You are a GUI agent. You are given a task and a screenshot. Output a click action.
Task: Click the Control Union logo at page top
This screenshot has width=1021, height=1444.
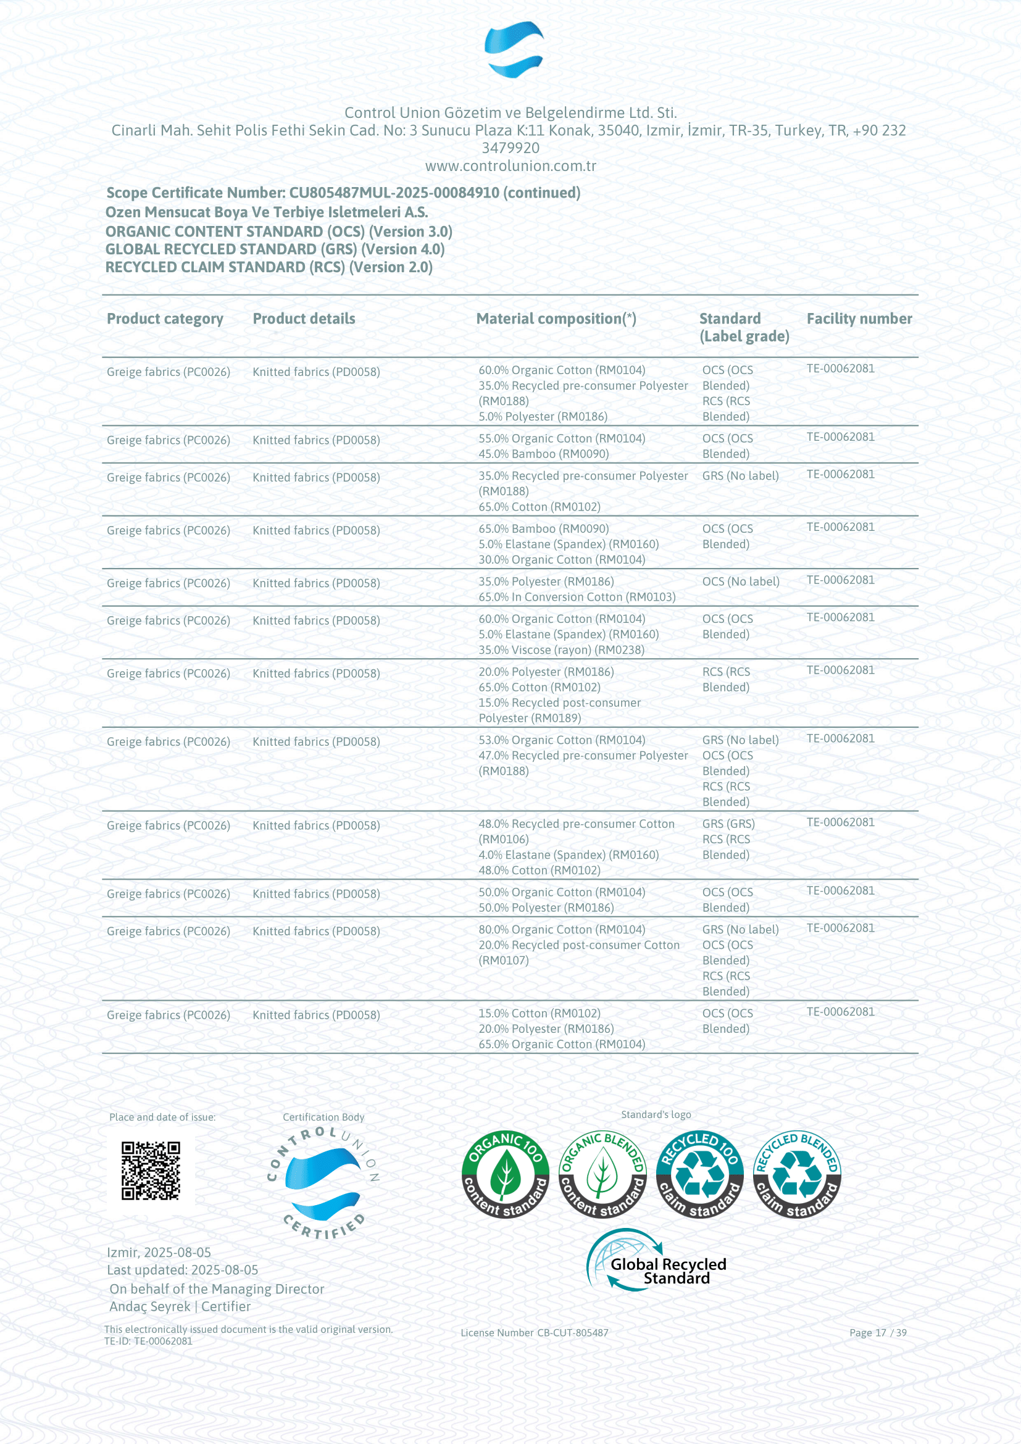pyautogui.click(x=514, y=49)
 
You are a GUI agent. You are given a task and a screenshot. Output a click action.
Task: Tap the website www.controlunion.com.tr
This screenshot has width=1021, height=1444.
pyautogui.click(x=511, y=166)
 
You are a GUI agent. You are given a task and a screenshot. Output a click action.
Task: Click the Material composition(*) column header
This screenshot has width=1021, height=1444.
pyautogui.click(x=556, y=319)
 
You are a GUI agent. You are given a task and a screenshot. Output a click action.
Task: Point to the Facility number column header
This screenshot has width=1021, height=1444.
pyautogui.click(x=859, y=319)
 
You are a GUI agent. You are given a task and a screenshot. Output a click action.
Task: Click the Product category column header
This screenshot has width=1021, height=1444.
pyautogui.click(x=165, y=319)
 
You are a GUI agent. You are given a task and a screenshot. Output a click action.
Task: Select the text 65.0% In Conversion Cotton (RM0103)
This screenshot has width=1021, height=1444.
pyautogui.click(x=577, y=597)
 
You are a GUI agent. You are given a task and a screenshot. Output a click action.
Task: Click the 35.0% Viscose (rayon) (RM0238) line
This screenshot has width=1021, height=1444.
pyautogui.click(x=561, y=649)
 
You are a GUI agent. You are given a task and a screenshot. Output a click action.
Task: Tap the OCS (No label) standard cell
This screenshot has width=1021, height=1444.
pyautogui.click(x=741, y=582)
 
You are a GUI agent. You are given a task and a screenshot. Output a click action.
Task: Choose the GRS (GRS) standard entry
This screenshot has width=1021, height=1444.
pyautogui.click(x=728, y=824)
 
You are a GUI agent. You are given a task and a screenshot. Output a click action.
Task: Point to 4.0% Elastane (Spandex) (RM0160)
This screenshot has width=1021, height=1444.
pyautogui.click(x=569, y=854)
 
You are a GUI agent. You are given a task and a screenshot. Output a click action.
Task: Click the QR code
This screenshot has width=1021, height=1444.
pyautogui.click(x=151, y=1171)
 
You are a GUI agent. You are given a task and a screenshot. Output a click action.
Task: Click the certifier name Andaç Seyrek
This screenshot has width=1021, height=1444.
pyautogui.click(x=149, y=1306)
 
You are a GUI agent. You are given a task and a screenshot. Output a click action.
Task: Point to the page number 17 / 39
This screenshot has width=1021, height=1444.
pyautogui.click(x=878, y=1333)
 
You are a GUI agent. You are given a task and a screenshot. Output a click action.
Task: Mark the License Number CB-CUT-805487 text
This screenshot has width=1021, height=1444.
pyautogui.click(x=535, y=1333)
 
